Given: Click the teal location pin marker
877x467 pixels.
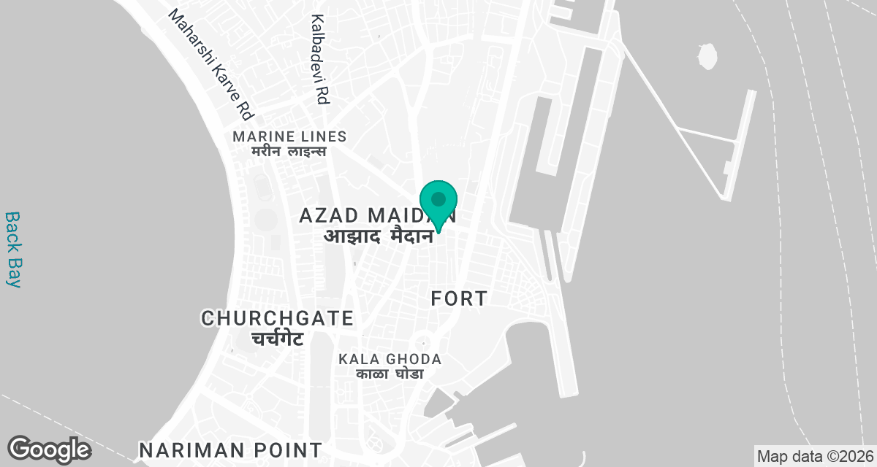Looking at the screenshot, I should click(x=438, y=202).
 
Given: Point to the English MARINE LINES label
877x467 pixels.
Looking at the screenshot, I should click(x=289, y=136).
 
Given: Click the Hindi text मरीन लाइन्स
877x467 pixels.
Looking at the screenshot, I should click(x=289, y=152).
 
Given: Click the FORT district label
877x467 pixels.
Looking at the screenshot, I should click(x=459, y=298).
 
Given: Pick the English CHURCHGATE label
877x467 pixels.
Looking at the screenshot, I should click(x=278, y=318).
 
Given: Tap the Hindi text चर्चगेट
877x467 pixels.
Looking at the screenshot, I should click(x=278, y=339).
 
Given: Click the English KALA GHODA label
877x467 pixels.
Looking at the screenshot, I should click(x=390, y=359).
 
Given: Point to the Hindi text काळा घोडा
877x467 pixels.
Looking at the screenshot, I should click(x=390, y=374).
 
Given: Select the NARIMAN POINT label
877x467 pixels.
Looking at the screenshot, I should click(x=230, y=449).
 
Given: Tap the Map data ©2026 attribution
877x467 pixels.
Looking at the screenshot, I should click(x=814, y=457).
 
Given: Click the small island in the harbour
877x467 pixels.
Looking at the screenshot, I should click(x=707, y=55).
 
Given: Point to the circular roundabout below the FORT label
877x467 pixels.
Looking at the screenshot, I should click(x=422, y=342).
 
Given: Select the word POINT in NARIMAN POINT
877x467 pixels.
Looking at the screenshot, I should click(x=284, y=449).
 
